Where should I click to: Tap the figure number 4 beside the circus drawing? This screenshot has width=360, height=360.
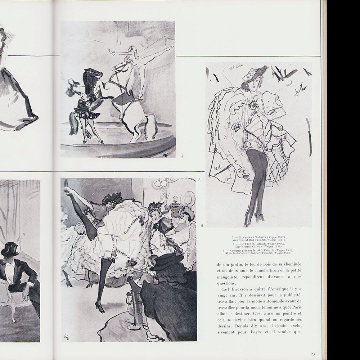(183, 156)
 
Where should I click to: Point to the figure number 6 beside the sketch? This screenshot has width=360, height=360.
(202, 225)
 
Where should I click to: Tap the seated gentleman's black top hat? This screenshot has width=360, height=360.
(9, 248)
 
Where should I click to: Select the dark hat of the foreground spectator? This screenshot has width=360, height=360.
(166, 261)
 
